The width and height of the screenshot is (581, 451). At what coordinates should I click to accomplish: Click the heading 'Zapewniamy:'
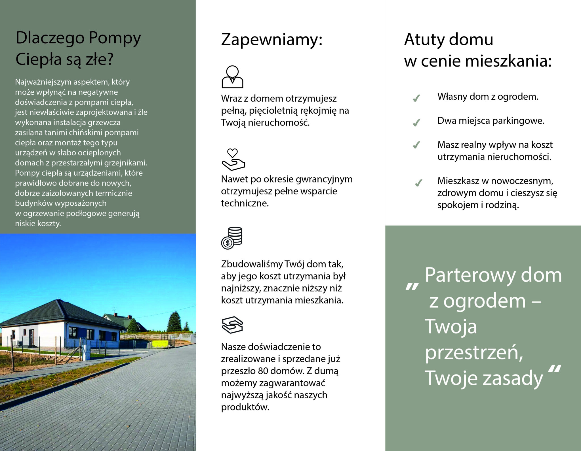(271, 40)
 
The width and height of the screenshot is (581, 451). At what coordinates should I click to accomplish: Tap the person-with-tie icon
(232, 77)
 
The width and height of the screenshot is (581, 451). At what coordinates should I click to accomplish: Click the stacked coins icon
(232, 238)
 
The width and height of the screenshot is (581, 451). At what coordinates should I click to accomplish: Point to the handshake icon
(232, 325)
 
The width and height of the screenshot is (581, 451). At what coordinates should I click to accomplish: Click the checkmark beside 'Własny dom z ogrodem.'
(416, 98)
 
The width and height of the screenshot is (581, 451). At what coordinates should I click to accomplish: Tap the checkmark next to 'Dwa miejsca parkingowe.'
(416, 123)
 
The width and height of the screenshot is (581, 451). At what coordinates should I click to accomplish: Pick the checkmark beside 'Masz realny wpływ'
(416, 145)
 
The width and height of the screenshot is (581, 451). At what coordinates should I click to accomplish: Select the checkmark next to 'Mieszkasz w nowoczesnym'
(418, 183)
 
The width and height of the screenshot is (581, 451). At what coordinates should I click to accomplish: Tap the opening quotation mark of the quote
(412, 287)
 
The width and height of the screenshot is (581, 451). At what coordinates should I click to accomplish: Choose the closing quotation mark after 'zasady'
(555, 369)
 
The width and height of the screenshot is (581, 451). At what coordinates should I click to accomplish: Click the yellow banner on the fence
(160, 344)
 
